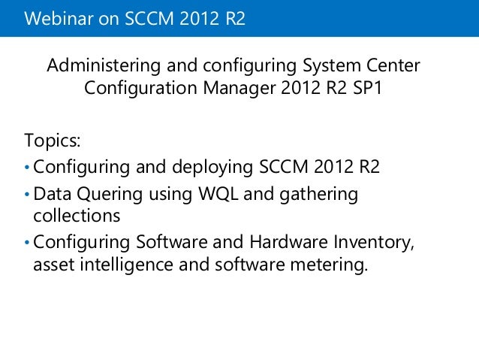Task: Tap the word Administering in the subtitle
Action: pyautogui.click(x=101, y=67)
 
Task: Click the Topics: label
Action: pyautogui.click(x=53, y=141)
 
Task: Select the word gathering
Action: pyautogui.click(x=318, y=194)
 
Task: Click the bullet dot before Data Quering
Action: pyautogui.click(x=28, y=195)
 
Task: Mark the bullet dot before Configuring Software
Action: pyautogui.click(x=28, y=244)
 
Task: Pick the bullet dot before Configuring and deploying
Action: pyautogui.click(x=28, y=167)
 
